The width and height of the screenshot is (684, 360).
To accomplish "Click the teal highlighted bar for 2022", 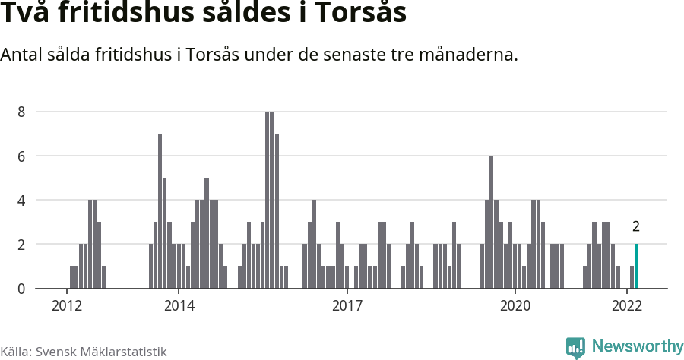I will pos(637,267).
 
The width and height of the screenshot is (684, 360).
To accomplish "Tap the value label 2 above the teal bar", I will pos(636,226).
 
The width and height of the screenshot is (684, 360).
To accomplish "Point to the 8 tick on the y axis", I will pos(22,112).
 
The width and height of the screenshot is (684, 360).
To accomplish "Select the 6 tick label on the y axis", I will pos(22,156).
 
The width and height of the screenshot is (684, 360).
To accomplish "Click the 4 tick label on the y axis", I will pos(22,201).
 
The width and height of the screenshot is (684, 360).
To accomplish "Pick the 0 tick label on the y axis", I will pos(22,289).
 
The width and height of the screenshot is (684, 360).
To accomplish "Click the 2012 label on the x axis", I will pos(67,306).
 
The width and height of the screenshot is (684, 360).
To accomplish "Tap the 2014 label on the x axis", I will pos(179,306).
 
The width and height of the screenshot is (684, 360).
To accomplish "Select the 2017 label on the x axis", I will pos(347,306).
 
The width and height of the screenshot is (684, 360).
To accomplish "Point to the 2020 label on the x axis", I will pos(515,306).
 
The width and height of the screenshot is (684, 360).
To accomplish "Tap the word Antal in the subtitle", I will pos(23,55).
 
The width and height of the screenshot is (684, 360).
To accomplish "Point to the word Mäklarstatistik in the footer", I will pos(124,352).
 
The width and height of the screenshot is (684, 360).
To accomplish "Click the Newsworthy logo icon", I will pos(575,347).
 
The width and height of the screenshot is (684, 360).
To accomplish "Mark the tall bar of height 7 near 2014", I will pos(160,211).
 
